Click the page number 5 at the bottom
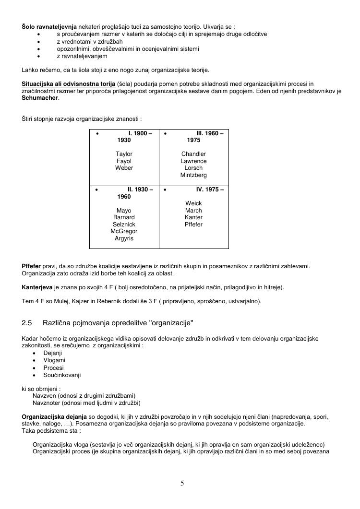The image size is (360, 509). (182, 483)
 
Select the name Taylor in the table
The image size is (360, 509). (124, 154)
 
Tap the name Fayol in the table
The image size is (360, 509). (124, 161)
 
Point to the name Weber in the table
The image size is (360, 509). (124, 168)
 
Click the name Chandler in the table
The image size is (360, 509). (193, 154)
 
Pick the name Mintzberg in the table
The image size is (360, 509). (193, 175)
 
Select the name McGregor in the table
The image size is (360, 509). (124, 231)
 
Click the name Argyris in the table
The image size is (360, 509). (124, 238)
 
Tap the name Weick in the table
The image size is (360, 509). (193, 203)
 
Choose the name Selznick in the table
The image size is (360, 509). (124, 225)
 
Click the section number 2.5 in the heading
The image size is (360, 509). (27, 323)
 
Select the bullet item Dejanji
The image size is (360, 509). (53, 353)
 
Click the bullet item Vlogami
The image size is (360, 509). (54, 360)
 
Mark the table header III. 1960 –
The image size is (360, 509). (210, 133)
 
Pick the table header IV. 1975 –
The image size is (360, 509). (210, 189)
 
